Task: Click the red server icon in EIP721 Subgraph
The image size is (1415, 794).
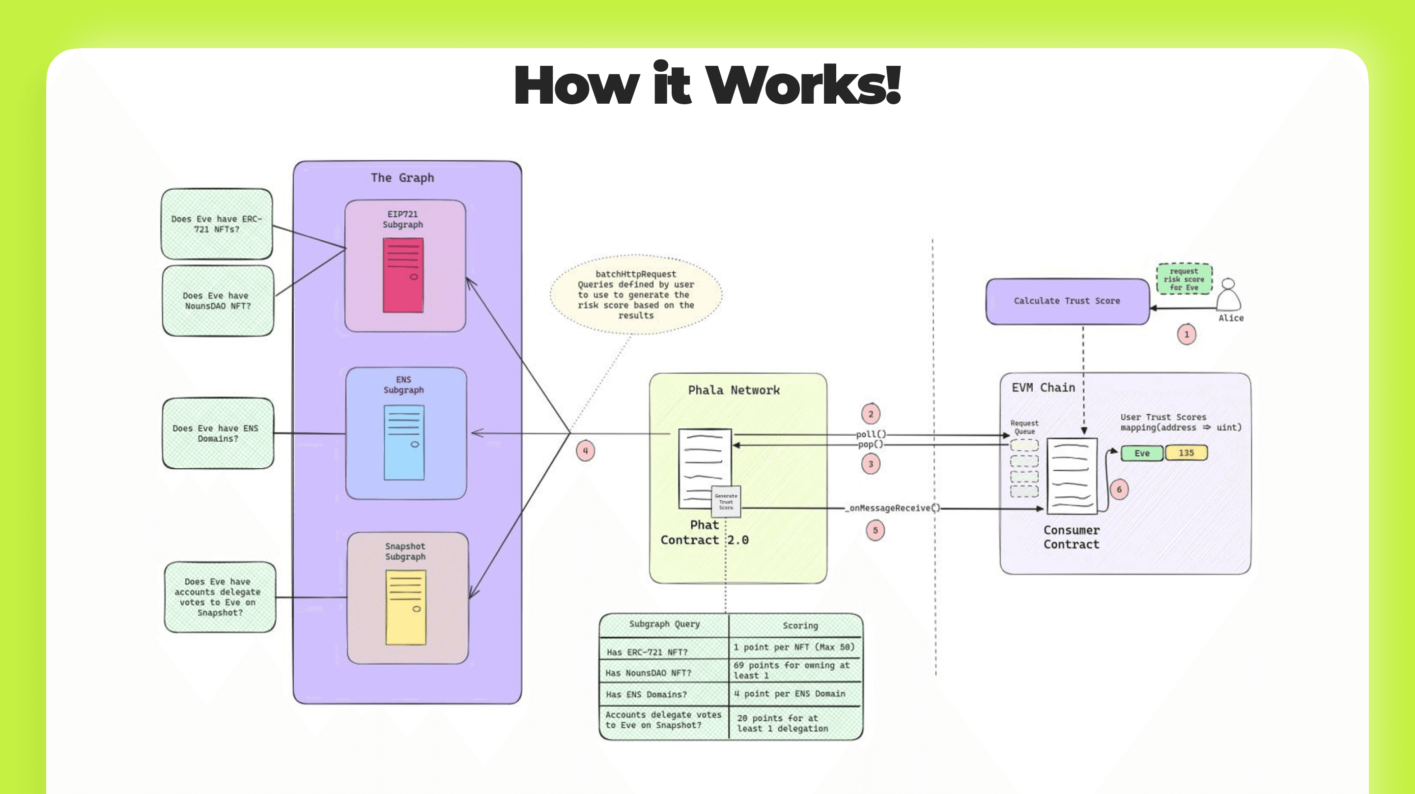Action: (403, 275)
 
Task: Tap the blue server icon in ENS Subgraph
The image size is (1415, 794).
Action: (404, 443)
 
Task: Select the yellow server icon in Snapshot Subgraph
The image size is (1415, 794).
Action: (406, 607)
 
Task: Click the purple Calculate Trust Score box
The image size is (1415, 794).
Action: (1067, 301)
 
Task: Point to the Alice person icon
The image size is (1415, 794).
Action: (1228, 296)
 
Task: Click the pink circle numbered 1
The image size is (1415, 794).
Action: (1187, 334)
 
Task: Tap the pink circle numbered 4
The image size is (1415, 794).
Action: (586, 451)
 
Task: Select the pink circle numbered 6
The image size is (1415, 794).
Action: (1119, 489)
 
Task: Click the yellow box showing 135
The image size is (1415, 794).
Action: (1186, 453)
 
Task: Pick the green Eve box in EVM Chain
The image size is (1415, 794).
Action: (1142, 454)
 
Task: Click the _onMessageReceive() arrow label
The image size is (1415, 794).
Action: (892, 508)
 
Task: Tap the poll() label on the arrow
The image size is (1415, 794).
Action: (871, 434)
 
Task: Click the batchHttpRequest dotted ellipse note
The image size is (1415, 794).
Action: (636, 294)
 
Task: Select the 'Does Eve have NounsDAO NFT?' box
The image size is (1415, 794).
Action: (218, 301)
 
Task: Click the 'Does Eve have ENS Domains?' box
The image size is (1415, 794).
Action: (218, 433)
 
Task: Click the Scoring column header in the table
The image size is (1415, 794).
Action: (800, 625)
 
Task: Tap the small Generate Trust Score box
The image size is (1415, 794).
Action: (726, 502)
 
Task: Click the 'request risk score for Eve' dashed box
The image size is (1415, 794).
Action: (1184, 279)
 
